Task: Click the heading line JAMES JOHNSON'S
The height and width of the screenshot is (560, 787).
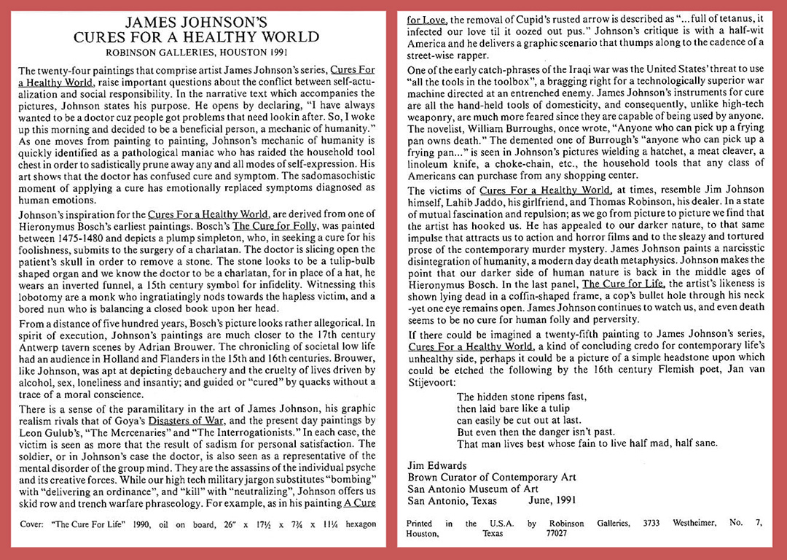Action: (x=197, y=22)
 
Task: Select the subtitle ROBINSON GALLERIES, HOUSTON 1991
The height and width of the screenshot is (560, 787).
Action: (x=197, y=52)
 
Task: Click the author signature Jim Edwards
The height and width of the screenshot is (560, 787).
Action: (x=437, y=466)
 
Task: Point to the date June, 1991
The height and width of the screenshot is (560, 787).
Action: (x=549, y=501)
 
